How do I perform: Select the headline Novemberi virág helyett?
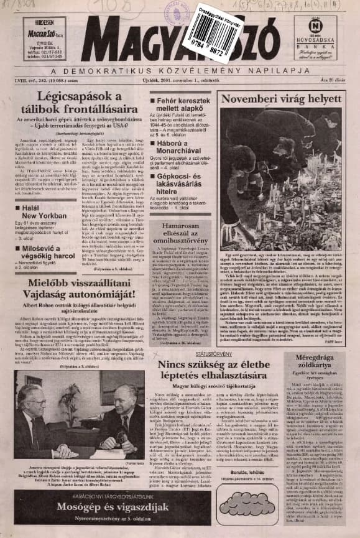click(274, 99)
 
